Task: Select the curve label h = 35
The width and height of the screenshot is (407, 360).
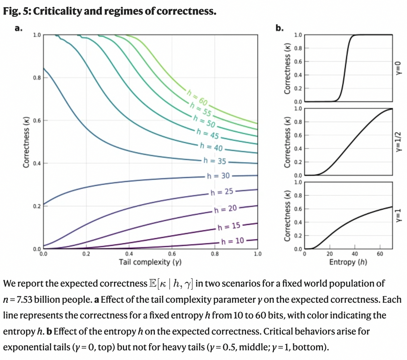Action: (215, 161)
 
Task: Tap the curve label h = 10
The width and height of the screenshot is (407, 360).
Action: (232, 241)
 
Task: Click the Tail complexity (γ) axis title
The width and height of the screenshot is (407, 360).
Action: (150, 262)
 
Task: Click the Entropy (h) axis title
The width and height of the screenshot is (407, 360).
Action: (348, 262)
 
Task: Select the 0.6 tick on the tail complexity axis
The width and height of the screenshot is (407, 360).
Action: (172, 254)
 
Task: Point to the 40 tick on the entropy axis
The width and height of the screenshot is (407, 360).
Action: (355, 254)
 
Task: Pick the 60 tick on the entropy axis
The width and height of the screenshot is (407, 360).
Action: (380, 254)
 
